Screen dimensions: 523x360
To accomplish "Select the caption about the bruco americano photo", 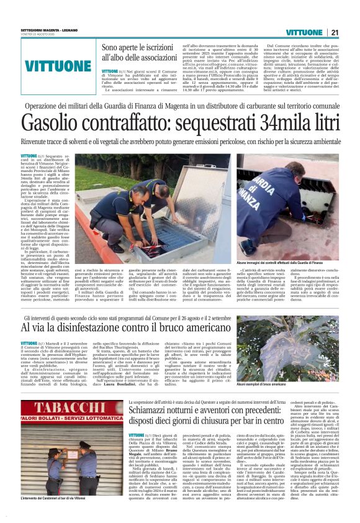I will pyautogui.click(x=268, y=385).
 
